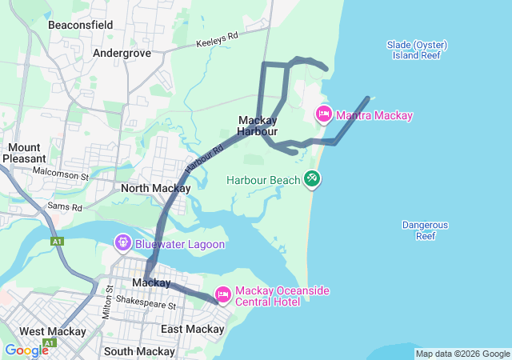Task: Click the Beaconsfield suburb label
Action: [x=80, y=25]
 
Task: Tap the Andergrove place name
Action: [x=122, y=53]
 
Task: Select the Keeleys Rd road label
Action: [x=218, y=38]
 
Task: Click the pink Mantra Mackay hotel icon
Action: [x=324, y=114]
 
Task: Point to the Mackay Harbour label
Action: [x=258, y=126]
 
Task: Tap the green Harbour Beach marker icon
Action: [x=312, y=180]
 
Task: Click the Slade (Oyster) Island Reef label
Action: [x=416, y=50]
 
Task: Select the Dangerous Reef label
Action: [x=425, y=230]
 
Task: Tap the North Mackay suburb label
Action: [x=155, y=189]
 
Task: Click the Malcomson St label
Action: [x=63, y=173]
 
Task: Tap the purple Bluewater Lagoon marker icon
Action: [x=123, y=241]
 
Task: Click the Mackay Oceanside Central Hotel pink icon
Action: [x=222, y=295]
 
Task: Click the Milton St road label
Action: [x=107, y=305]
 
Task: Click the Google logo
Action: [x=26, y=350]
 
